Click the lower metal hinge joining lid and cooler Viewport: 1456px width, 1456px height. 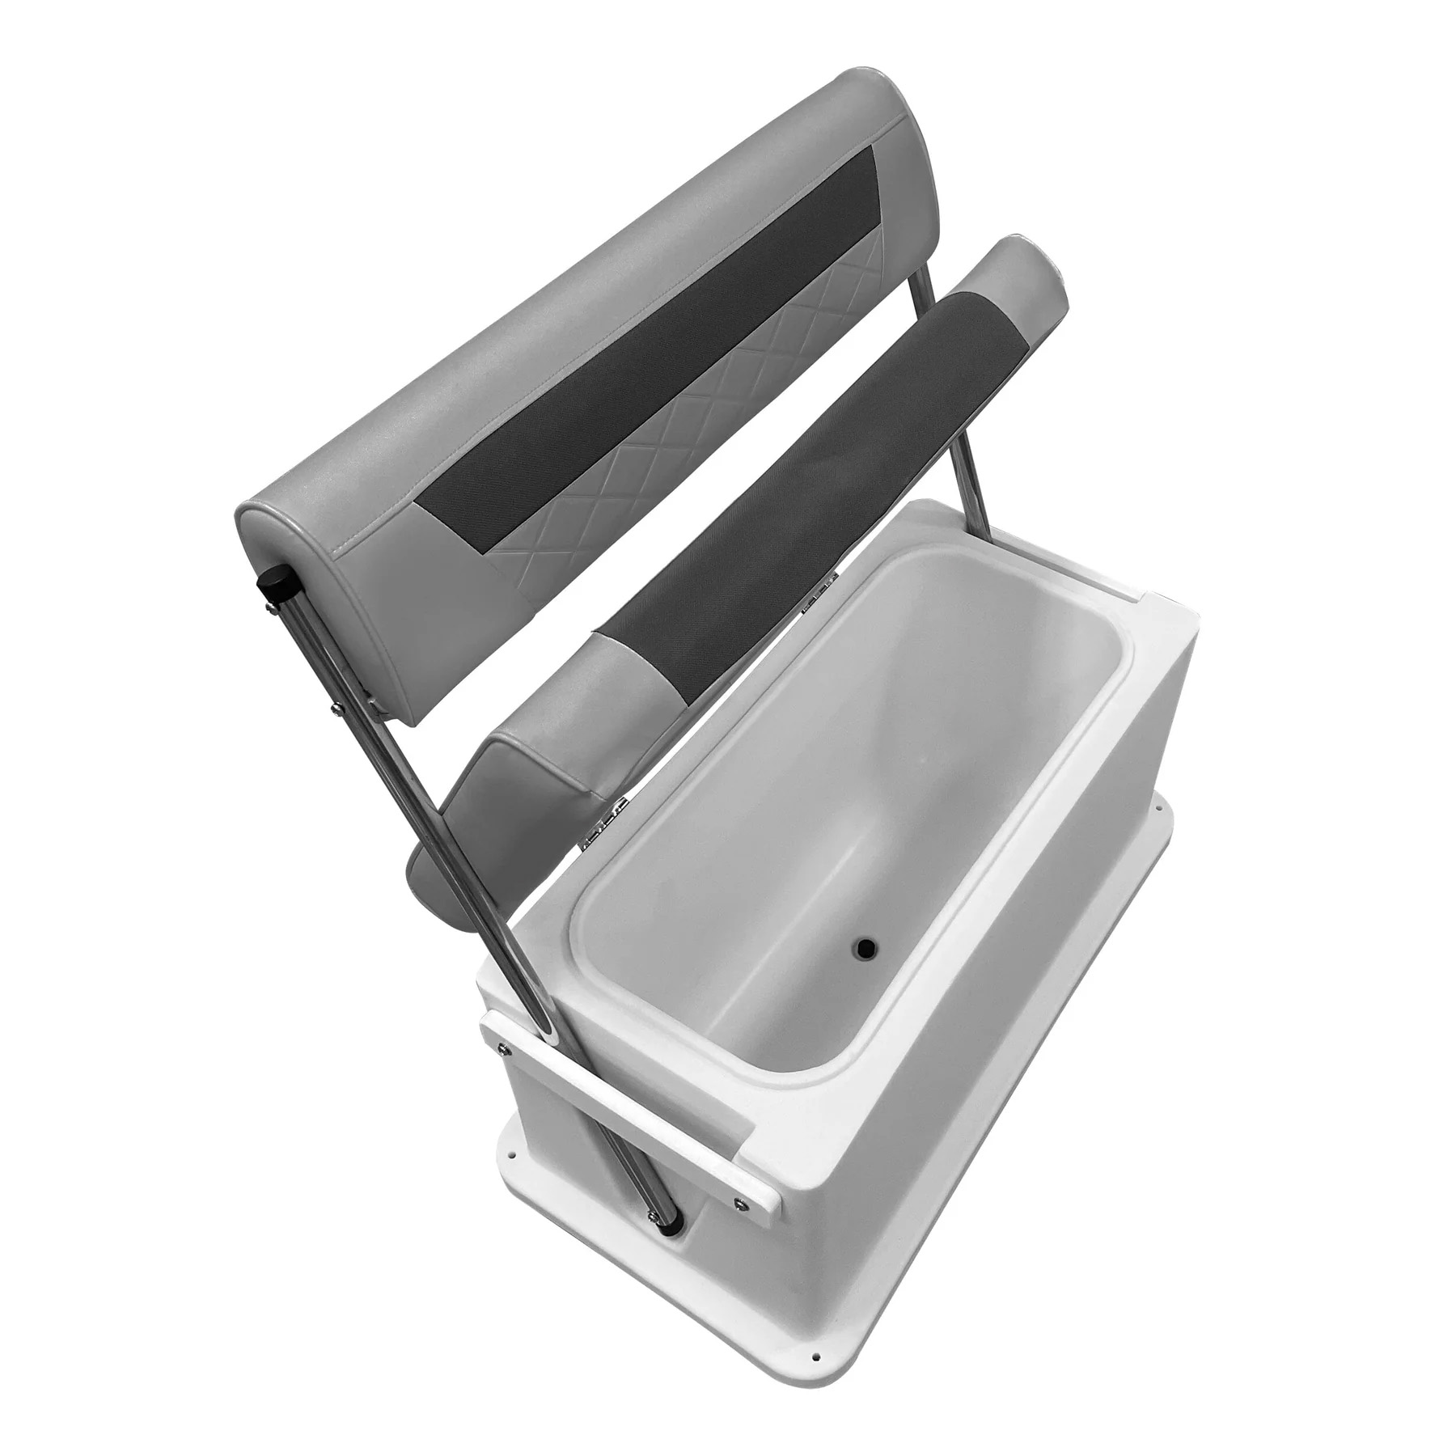[608, 834]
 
